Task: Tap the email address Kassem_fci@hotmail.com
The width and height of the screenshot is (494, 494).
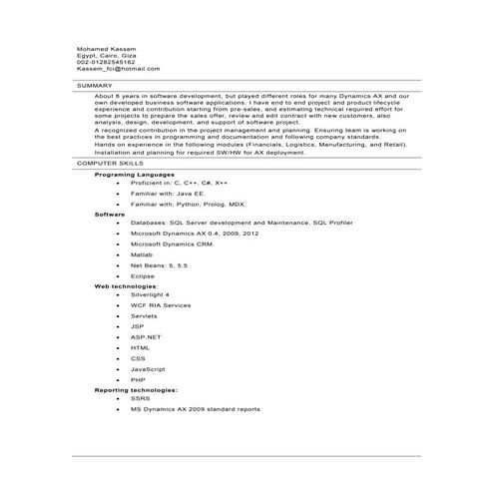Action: coord(118,69)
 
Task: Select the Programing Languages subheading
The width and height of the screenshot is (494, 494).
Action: coord(134,174)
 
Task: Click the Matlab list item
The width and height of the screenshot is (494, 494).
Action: coord(141,255)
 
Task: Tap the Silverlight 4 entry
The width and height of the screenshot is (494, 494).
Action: coord(150,295)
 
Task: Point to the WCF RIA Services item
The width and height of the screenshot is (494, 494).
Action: coord(161,305)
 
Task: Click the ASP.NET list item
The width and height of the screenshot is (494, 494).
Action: coord(146,337)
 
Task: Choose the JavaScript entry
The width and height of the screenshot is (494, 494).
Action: coord(148,368)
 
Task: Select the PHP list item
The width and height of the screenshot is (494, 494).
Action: coord(138,379)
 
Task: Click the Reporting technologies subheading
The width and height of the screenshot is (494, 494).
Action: coord(136,389)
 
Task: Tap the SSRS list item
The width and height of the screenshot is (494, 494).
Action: coord(140,398)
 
